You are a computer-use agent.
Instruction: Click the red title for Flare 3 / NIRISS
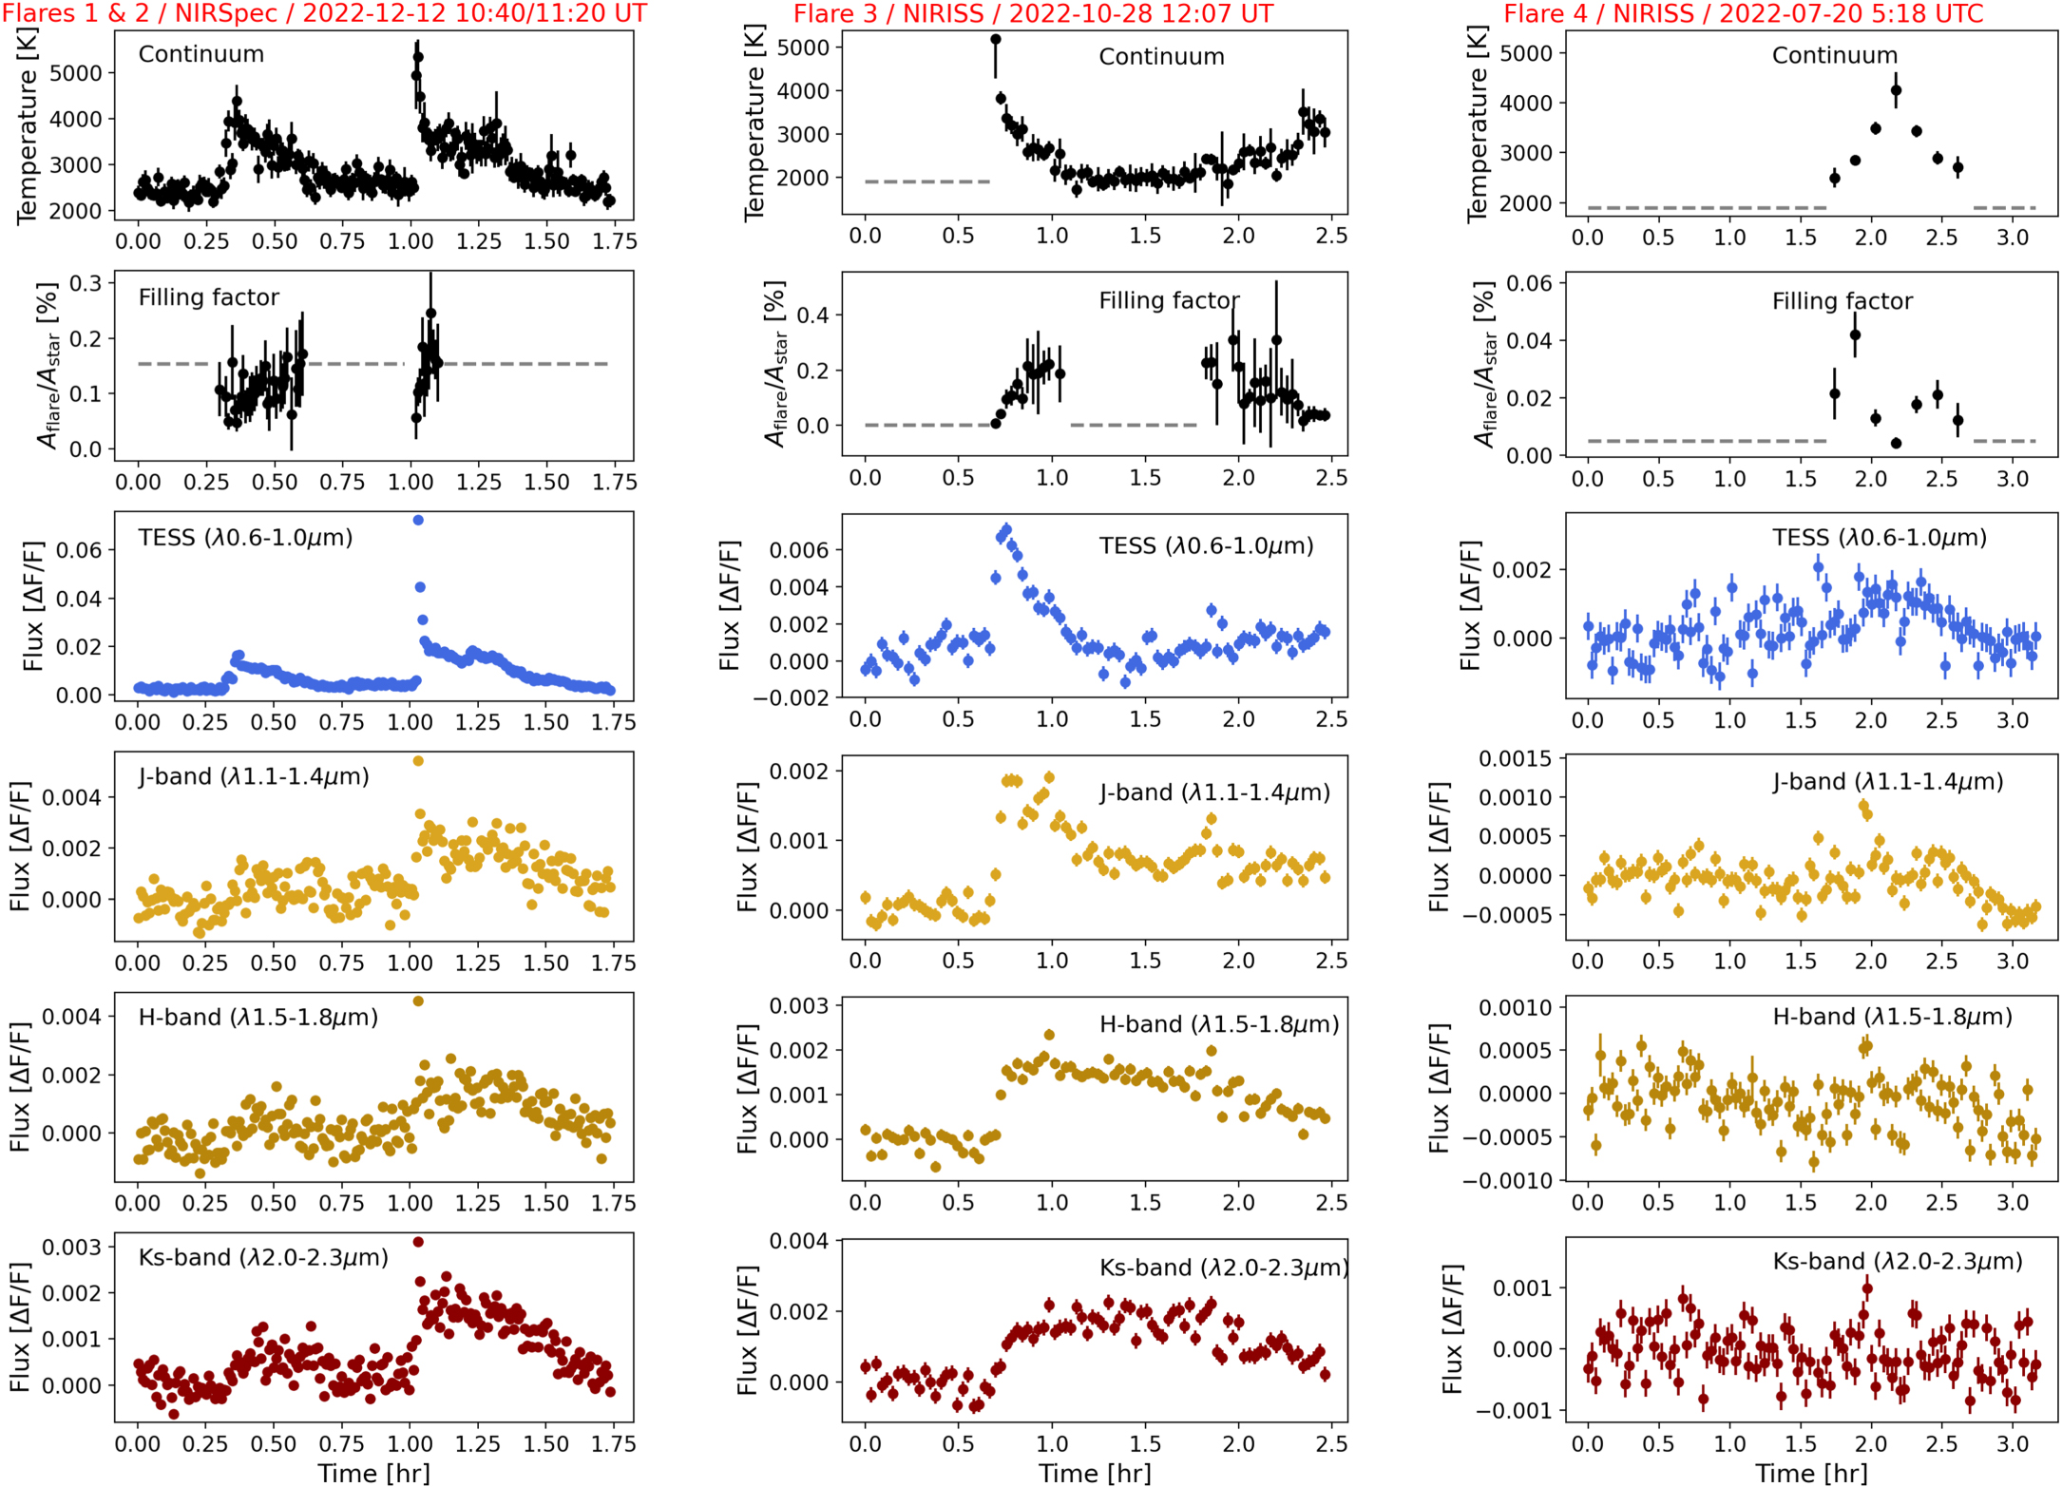point(1033,13)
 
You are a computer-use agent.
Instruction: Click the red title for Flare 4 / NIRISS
point(1744,13)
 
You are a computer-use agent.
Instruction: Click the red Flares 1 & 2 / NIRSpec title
point(324,13)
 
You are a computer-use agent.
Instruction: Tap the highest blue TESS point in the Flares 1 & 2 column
point(418,520)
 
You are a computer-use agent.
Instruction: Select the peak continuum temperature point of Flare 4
point(1896,91)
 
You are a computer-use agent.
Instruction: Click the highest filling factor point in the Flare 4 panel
point(1855,334)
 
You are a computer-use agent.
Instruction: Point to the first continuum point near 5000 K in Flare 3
point(995,40)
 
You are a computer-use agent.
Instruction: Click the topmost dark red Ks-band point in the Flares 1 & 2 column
point(418,1242)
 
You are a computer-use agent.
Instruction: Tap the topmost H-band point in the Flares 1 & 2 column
point(418,1001)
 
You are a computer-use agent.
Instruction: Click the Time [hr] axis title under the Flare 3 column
point(1094,1473)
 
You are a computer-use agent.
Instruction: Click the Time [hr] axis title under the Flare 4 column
point(1810,1473)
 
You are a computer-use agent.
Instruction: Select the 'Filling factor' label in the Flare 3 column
point(1168,300)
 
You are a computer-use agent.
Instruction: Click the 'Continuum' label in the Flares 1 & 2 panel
point(201,54)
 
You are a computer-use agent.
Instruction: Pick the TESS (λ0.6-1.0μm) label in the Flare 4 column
point(1879,538)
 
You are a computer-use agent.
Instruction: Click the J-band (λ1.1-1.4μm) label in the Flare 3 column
point(1214,791)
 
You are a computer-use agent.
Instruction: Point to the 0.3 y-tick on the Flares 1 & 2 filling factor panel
point(85,283)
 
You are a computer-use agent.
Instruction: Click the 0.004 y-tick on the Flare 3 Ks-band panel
point(797,1241)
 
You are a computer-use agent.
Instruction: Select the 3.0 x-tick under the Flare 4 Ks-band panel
point(2012,1443)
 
